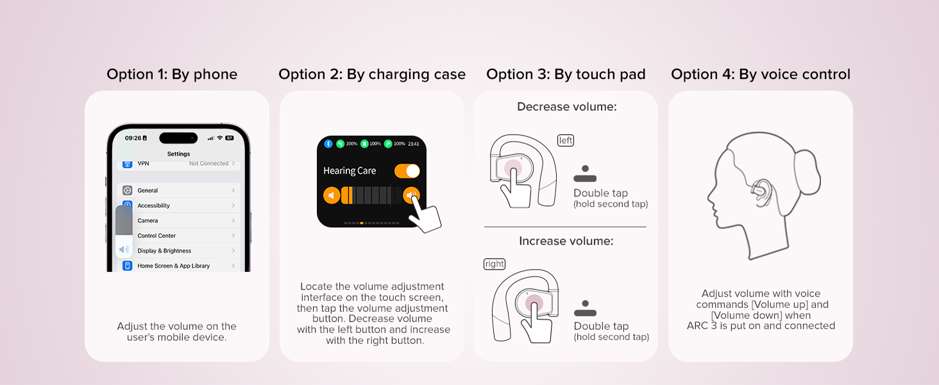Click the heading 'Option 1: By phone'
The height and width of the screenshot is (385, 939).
coord(172,74)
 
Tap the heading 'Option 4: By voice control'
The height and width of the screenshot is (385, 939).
coord(761,74)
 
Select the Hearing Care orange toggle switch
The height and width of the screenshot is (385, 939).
coord(407,171)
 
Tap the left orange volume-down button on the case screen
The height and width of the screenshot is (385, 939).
coord(332,195)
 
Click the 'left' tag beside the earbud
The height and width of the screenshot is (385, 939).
coord(566,141)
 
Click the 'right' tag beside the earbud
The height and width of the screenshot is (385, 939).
coord(495,264)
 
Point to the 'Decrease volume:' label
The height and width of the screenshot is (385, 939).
coord(566,107)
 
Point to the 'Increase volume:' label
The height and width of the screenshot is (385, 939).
coord(566,241)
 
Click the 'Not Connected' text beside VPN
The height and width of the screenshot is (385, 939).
coord(208,164)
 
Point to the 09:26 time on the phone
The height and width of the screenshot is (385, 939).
coord(133,138)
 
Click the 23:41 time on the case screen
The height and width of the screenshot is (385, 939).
coord(414,144)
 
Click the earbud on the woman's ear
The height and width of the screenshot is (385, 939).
coord(761,191)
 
